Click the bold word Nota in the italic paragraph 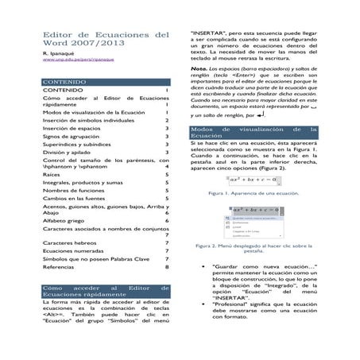(199, 69)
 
